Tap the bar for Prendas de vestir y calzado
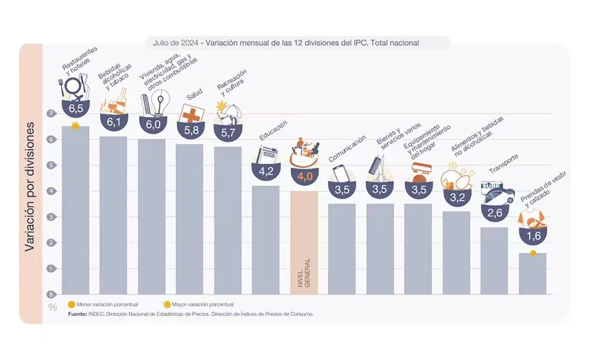click(533, 273)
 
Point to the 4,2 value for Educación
click(265, 170)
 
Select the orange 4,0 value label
click(303, 176)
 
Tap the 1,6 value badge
click(533, 236)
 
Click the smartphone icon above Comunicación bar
click(341, 173)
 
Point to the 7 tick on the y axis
click(52, 113)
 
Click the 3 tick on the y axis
click(52, 217)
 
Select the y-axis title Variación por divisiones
click(30, 188)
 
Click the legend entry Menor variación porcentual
click(103, 305)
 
